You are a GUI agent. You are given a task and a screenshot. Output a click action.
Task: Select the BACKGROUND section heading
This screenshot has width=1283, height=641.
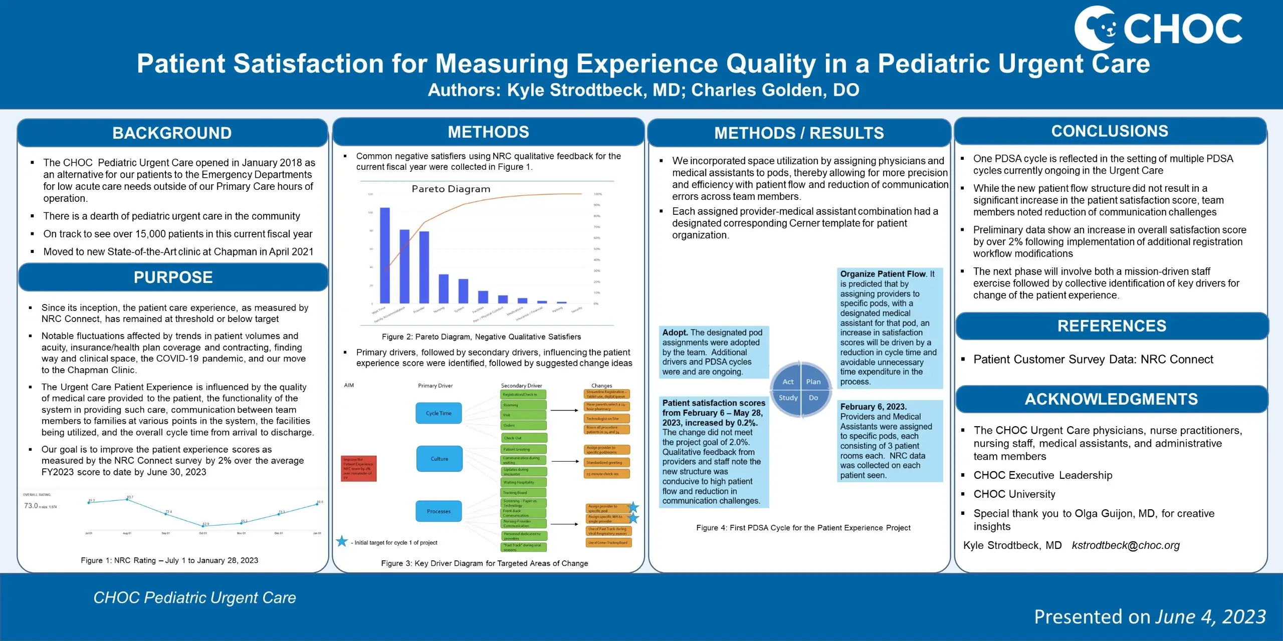click(172, 133)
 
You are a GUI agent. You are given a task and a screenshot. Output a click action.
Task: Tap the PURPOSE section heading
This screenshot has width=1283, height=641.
click(173, 277)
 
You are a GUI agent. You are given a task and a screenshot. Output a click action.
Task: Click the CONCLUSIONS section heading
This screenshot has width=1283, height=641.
click(1110, 131)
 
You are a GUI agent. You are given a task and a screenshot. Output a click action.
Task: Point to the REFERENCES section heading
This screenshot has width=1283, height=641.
click(1112, 326)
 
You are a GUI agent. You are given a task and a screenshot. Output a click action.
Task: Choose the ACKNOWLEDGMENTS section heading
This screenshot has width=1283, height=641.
click(1111, 399)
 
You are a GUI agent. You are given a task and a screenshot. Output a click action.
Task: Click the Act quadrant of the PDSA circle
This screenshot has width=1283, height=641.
click(787, 382)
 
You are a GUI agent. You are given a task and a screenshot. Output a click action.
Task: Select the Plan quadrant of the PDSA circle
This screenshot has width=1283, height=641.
click(813, 382)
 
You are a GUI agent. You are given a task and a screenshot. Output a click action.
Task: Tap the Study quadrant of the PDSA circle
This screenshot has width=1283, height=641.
click(787, 398)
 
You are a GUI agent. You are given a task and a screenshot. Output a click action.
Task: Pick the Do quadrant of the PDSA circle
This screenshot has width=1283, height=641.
click(813, 398)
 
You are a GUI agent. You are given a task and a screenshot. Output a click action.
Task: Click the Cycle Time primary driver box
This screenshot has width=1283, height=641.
click(439, 413)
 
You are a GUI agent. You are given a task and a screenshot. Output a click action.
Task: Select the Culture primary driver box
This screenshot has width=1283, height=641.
click(439, 459)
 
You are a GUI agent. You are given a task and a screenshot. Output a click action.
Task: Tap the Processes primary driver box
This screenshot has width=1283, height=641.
click(439, 511)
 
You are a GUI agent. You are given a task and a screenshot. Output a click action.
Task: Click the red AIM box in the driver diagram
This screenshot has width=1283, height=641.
click(358, 469)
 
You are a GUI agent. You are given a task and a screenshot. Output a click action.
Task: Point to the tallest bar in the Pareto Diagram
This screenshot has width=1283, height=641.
click(385, 255)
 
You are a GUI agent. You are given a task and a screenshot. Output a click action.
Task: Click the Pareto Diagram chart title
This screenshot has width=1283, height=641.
click(451, 189)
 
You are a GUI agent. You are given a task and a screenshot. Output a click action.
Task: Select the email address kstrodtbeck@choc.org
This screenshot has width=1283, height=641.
click(1126, 545)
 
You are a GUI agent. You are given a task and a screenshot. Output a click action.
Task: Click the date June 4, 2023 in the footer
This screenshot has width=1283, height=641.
click(1210, 617)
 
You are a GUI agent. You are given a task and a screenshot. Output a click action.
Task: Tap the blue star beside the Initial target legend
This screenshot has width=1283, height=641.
click(342, 541)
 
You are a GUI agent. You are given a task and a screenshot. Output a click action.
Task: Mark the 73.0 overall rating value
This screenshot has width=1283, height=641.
click(31, 506)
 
